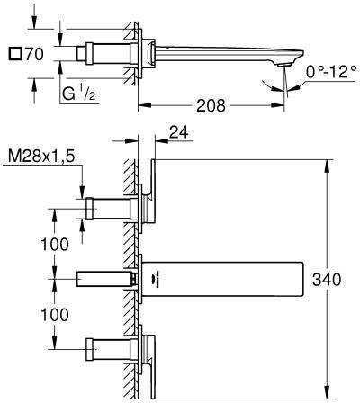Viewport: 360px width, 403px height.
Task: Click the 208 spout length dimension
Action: [211, 105]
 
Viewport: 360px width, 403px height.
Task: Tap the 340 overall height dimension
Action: [327, 280]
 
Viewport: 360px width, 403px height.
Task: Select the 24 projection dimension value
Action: [179, 132]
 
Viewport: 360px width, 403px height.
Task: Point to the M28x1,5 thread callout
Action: [41, 156]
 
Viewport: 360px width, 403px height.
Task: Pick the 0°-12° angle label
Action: [331, 72]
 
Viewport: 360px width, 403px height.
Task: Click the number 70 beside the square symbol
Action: [34, 54]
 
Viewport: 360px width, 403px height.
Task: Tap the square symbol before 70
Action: [15, 54]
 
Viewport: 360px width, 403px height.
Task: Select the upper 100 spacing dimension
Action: [55, 245]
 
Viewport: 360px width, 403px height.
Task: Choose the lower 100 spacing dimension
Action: [55, 315]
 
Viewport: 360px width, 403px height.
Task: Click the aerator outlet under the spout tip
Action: [284, 65]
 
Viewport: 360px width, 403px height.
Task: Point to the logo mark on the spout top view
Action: [157, 279]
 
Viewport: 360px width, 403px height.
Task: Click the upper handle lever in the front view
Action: [151, 191]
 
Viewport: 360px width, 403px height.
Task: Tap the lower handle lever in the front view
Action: [151, 366]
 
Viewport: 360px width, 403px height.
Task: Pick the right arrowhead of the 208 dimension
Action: [277, 105]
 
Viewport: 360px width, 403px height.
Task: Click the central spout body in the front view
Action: [222, 279]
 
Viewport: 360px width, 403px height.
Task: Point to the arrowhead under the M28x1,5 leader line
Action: [82, 193]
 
